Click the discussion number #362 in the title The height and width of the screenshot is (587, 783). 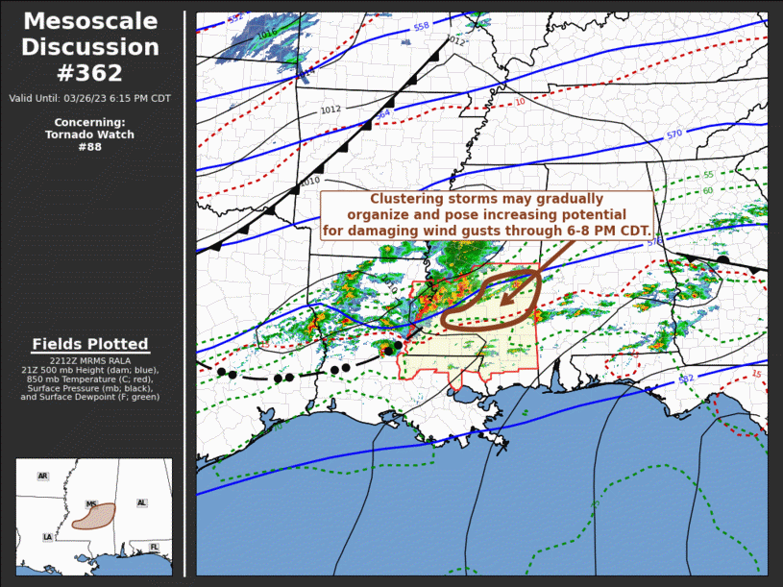click(92, 73)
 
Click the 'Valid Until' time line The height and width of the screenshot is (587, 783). click(90, 99)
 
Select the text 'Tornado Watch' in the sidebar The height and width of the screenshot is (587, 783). click(90, 135)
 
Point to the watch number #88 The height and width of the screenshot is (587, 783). click(89, 147)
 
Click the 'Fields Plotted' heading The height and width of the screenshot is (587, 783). click(90, 344)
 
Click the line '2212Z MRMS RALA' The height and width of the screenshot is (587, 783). click(90, 359)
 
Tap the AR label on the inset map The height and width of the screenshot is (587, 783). click(42, 476)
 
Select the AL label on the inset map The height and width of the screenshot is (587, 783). click(141, 502)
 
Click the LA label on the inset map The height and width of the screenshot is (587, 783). click(47, 537)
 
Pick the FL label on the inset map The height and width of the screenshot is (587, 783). click(154, 547)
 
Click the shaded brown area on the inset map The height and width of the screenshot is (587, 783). click(96, 516)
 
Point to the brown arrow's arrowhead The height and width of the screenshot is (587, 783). click(505, 299)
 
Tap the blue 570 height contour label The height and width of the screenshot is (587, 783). click(673, 135)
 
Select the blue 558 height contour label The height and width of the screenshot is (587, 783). click(421, 27)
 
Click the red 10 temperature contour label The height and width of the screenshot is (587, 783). click(520, 102)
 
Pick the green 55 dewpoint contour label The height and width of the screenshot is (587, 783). click(708, 175)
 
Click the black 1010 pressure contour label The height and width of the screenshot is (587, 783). click(310, 181)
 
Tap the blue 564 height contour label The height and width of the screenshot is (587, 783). click(383, 113)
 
